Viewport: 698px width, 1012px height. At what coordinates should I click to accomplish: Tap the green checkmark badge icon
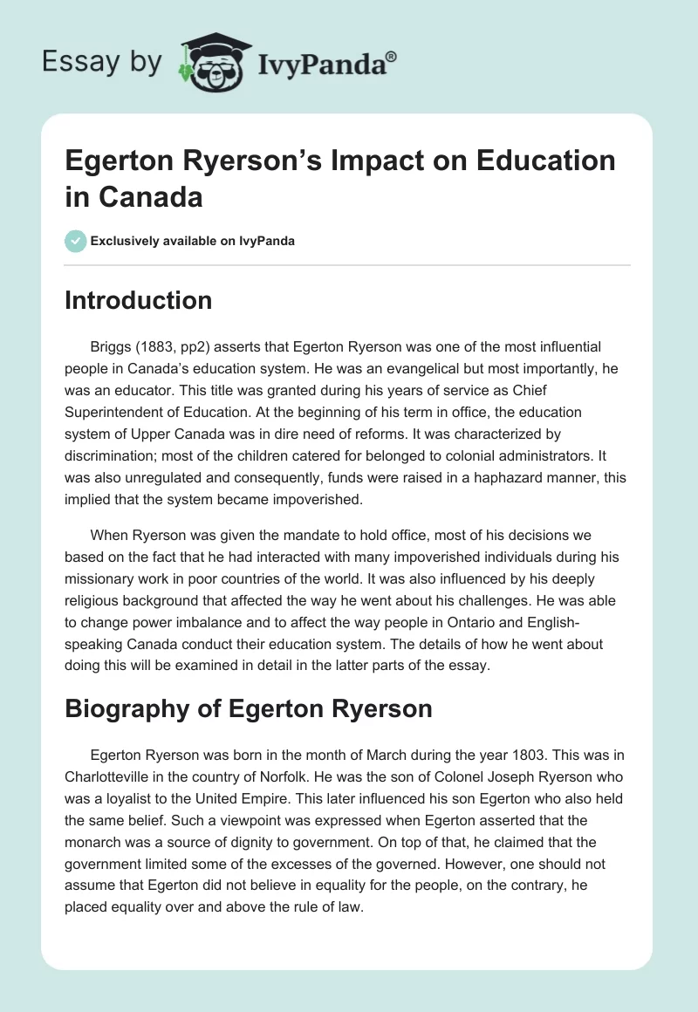tap(76, 241)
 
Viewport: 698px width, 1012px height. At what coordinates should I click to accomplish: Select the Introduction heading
tap(139, 300)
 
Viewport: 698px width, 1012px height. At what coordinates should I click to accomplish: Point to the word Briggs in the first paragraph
tap(112, 347)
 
